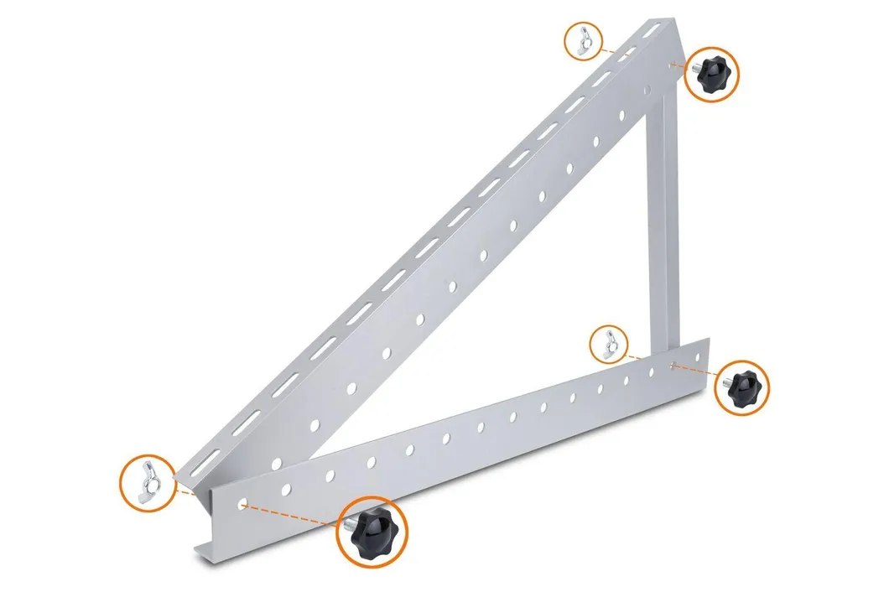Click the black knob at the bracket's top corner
[x=711, y=74]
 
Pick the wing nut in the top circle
[x=582, y=40]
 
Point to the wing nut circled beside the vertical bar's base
[x=610, y=345]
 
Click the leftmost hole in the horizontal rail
[x=243, y=506]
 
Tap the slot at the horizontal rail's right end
[x=676, y=365]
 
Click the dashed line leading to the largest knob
[x=294, y=515]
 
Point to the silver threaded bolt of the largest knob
[x=346, y=524]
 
